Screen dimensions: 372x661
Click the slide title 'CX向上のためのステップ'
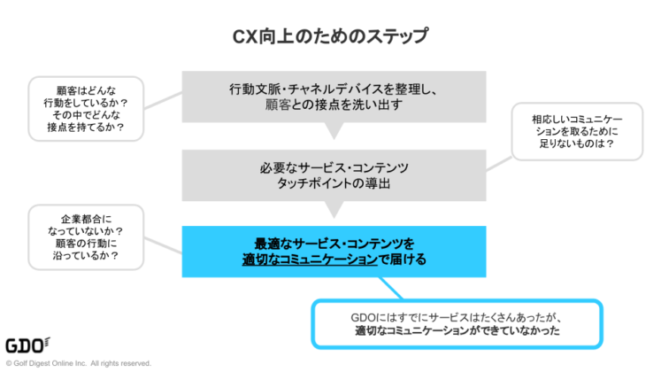coord(330,36)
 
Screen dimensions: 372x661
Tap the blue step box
coord(334,251)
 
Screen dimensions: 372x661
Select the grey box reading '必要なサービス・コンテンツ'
coord(334,174)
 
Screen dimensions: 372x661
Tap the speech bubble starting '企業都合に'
coord(87,236)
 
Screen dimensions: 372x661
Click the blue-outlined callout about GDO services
coord(457,323)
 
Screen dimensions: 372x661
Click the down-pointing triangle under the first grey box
coord(334,131)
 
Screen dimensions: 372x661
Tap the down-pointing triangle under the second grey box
coord(334,210)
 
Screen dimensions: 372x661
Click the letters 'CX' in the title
coord(244,36)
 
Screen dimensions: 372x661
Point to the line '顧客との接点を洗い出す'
coord(334,105)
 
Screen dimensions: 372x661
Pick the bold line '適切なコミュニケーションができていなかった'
coord(457,332)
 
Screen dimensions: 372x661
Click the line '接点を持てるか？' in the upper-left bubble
coord(87,127)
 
